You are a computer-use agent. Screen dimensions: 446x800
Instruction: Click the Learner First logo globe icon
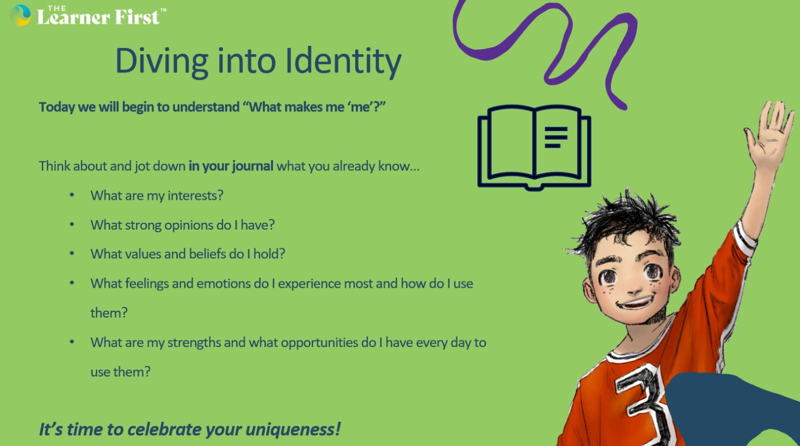tap(20, 15)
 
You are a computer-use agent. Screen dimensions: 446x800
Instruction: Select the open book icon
tap(534, 147)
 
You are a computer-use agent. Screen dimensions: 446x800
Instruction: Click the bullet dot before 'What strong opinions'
tap(72, 225)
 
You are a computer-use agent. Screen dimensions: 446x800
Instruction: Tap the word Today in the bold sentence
tap(57, 107)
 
